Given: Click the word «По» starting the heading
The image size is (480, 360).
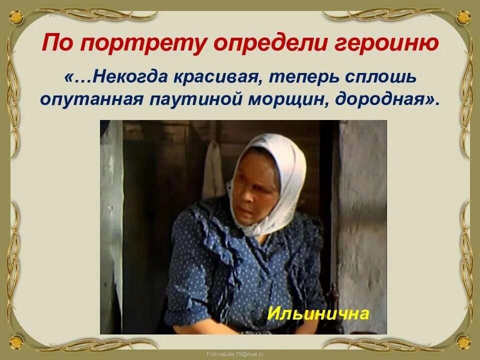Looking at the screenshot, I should click(59, 44).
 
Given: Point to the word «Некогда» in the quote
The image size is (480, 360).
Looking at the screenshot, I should click(127, 78).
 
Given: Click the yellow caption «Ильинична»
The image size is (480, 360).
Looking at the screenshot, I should click(318, 313).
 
